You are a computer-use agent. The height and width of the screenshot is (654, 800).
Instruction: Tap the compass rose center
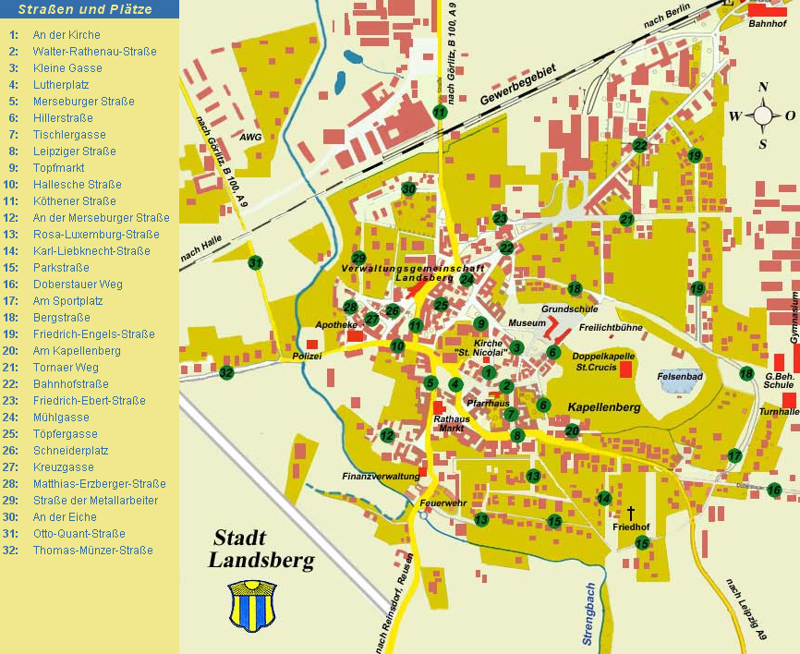tap(763, 115)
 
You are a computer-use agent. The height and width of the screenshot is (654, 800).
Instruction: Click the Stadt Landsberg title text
tap(261, 549)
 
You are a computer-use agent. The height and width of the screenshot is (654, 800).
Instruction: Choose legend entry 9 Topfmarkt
tap(58, 168)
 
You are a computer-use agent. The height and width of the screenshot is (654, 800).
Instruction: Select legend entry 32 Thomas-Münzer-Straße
tap(92, 551)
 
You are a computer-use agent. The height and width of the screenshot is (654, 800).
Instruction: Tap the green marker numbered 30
tap(409, 189)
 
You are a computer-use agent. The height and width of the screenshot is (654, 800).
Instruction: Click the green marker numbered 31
tap(256, 263)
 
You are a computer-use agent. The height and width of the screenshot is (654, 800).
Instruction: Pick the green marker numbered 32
tap(226, 373)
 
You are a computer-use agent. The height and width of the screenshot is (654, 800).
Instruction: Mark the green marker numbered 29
tap(359, 258)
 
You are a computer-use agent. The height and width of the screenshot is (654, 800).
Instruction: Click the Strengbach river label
tap(588, 613)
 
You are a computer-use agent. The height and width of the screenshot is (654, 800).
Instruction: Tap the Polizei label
tap(307, 355)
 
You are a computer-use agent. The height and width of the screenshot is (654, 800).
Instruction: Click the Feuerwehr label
tap(439, 503)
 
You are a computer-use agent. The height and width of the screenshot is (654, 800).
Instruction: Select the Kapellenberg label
tap(603, 406)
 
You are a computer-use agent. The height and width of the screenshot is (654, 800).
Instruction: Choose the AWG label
tap(250, 137)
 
